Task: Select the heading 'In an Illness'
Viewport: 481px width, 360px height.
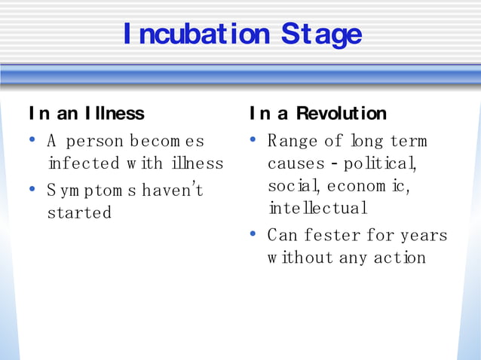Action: click(86, 114)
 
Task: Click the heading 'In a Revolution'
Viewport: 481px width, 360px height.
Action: click(317, 114)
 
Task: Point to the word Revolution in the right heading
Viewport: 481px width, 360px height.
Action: click(341, 114)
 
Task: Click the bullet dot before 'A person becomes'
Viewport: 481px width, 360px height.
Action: click(32, 139)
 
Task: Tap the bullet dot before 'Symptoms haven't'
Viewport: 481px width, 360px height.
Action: click(32, 189)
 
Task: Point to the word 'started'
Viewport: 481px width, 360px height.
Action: click(79, 212)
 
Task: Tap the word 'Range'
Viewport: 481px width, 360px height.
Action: click(293, 141)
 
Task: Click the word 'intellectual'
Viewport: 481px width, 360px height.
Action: click(317, 208)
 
